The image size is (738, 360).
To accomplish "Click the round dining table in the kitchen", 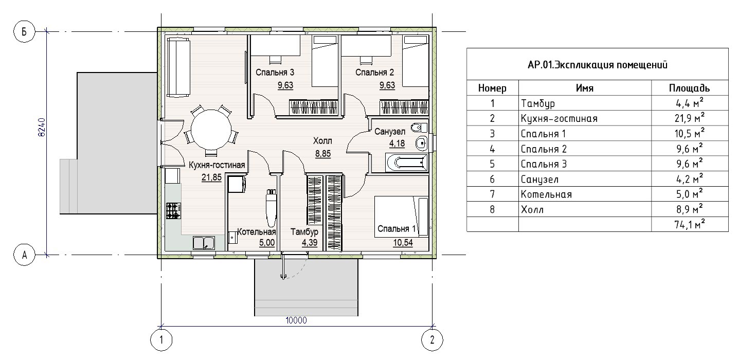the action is point(211,130).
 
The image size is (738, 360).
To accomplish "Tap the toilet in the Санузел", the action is point(419,128).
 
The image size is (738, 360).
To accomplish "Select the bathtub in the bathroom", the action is point(407,163).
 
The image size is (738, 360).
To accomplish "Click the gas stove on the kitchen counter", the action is point(173,211).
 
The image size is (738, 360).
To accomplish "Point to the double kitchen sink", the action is point(204,243).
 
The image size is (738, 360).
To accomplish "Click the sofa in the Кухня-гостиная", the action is point(178,67).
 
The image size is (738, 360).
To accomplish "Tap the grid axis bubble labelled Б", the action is point(24,31).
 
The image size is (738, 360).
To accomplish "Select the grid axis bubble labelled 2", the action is point(432,340).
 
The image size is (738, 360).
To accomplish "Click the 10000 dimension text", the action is point(296,320).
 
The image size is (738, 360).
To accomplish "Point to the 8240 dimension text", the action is point(42,128).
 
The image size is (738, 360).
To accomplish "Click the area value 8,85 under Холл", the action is point(323,154).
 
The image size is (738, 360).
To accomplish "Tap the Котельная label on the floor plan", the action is point(256,232).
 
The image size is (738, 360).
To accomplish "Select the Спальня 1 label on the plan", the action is point(397,228).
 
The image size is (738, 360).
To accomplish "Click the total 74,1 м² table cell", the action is point(690,224).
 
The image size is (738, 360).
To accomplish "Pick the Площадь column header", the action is point(689,88).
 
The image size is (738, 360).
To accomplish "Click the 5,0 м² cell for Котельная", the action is point(690,194).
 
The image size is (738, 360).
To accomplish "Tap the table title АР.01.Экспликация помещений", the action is point(597,65).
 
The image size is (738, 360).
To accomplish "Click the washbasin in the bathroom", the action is point(421,143).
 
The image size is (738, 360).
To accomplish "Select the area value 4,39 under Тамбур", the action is point(310,243).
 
